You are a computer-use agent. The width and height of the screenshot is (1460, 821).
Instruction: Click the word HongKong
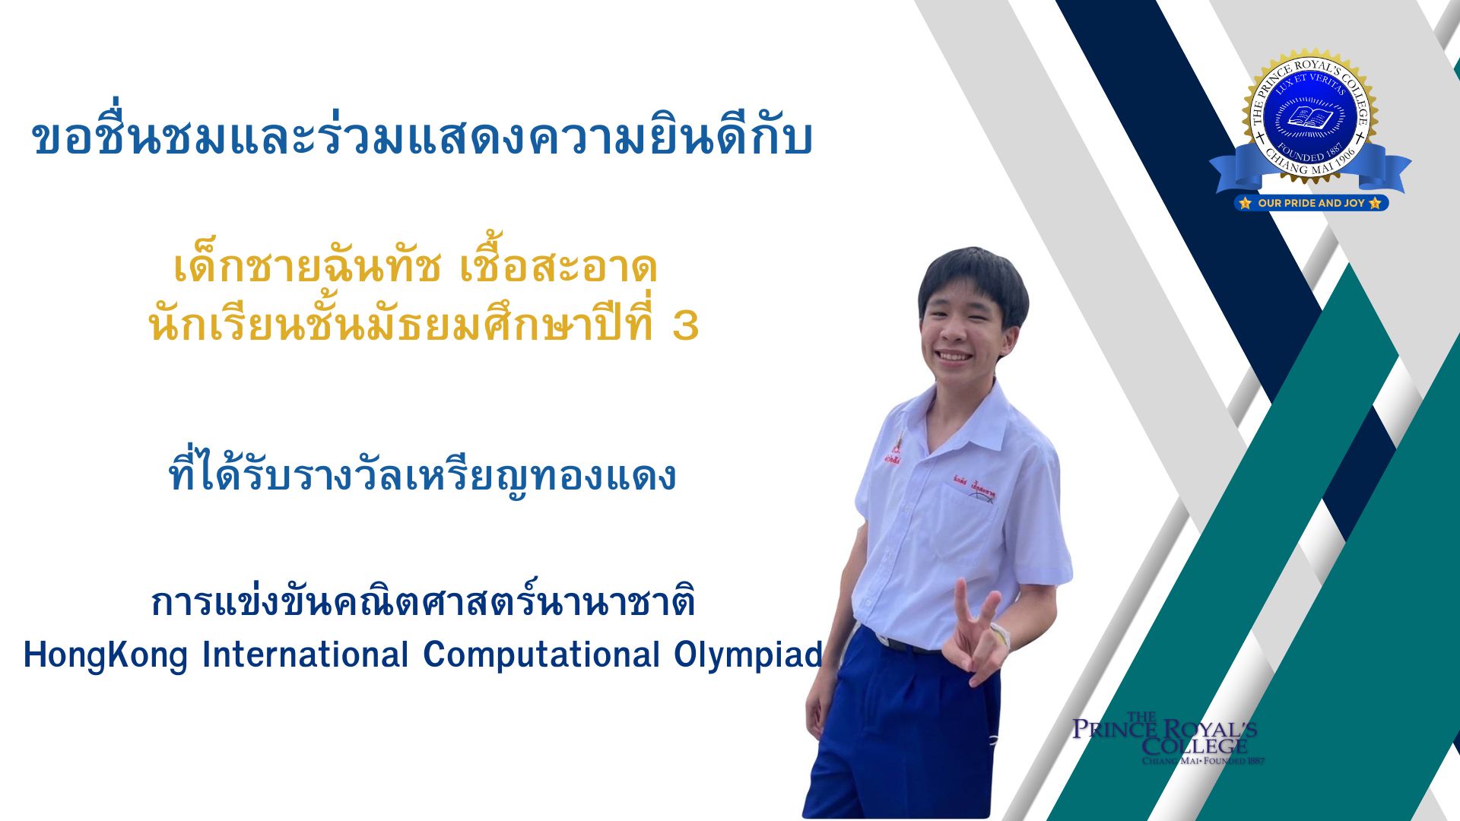coord(106,655)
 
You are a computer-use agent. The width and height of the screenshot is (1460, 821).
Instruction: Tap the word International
coord(305,655)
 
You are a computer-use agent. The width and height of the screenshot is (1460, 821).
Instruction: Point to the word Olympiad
coord(748,655)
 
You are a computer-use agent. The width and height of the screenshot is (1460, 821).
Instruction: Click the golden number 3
coord(685,325)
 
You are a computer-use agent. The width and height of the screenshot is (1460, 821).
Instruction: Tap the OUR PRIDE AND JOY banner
coord(1311,203)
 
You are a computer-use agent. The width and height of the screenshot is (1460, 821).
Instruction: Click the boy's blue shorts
coord(897,730)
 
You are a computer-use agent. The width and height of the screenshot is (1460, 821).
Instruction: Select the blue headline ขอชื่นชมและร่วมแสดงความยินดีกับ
coord(423,139)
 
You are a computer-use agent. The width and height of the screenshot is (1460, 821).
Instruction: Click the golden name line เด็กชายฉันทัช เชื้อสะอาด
coord(415,267)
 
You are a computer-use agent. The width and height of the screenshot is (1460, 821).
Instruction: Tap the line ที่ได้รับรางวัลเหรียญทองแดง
coord(422,477)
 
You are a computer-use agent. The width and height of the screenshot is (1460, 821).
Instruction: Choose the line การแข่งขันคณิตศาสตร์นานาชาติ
coord(423,603)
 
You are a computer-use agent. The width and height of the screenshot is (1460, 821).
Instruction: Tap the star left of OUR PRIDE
coord(1245,203)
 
